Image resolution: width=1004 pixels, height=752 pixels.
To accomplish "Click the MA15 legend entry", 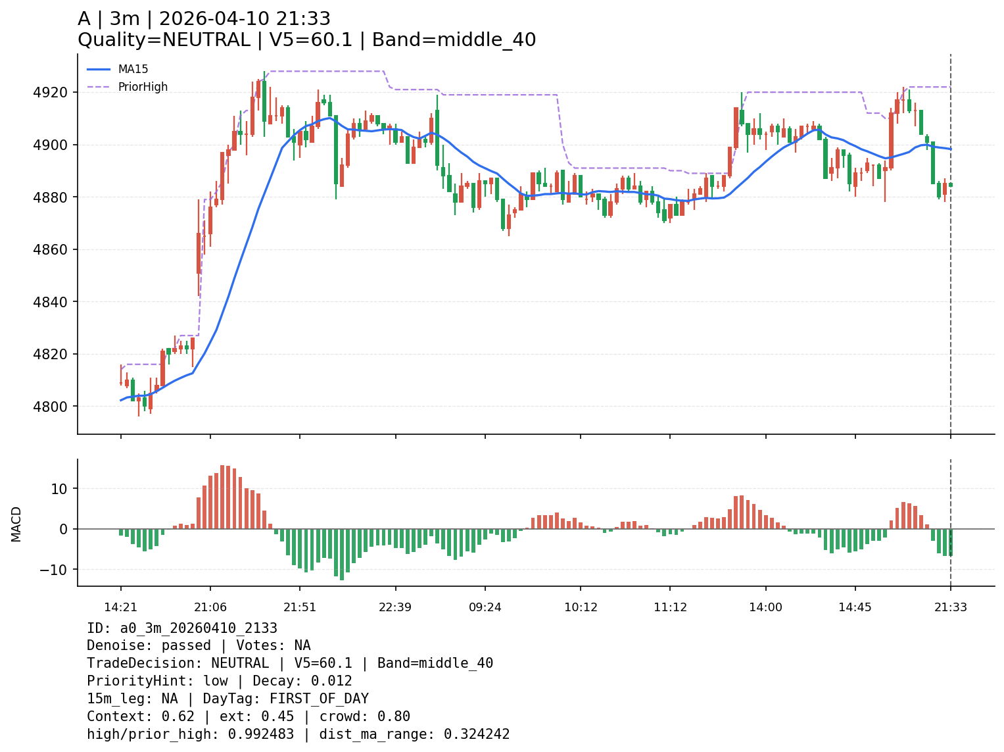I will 133,69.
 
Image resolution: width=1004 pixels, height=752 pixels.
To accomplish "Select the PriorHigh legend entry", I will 143,87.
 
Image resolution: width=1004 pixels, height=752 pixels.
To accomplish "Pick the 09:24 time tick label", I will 485,607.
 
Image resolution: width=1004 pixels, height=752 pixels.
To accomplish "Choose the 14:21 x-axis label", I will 120,607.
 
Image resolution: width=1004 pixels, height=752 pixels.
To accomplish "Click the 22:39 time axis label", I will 395,607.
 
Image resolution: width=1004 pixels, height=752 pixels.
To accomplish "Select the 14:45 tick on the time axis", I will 855,607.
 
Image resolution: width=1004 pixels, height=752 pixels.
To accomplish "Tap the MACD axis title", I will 16,524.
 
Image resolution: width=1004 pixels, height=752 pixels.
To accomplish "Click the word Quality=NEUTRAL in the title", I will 164,40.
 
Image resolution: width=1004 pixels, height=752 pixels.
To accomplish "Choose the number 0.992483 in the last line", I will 261,734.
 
